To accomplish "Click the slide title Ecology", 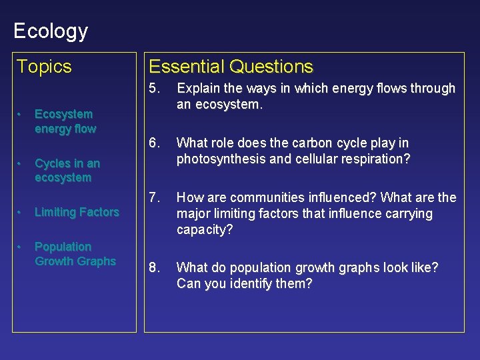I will coord(51,31).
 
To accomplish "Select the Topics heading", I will coord(44,67).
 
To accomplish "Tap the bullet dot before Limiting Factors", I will coord(20,212).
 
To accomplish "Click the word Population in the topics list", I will coord(63,247).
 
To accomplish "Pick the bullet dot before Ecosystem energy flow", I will coord(20,114).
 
